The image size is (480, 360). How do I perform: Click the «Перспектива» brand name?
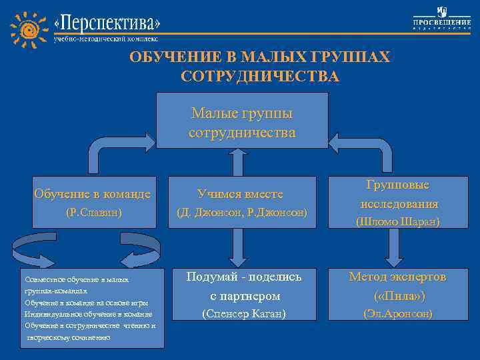(107, 23)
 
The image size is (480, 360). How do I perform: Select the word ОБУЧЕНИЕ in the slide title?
(176, 57)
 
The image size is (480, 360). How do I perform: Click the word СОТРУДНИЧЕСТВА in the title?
(260, 77)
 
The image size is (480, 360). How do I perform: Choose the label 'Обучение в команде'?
(92, 194)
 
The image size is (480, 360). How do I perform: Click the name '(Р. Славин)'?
(92, 213)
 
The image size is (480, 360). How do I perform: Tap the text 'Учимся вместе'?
(241, 194)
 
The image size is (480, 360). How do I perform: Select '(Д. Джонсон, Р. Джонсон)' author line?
(242, 213)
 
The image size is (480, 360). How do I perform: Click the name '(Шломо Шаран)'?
(397, 221)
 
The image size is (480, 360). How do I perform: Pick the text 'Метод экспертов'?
(398, 277)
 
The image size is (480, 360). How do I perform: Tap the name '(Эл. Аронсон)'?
(397, 313)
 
